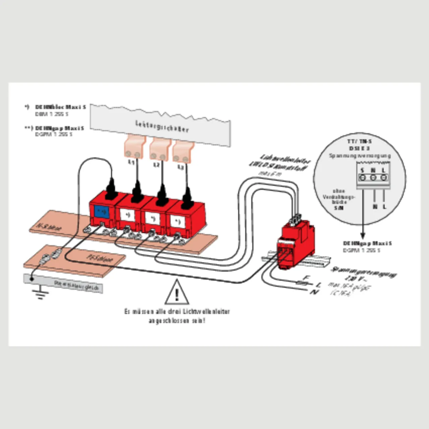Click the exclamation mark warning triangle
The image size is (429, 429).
[x=177, y=293]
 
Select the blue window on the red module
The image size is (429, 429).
[x=101, y=212]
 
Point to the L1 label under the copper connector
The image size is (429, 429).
[x=132, y=163]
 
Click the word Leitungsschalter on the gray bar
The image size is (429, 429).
[x=162, y=126]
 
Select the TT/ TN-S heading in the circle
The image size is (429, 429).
[x=359, y=141]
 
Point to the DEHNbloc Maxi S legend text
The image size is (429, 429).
[x=61, y=107]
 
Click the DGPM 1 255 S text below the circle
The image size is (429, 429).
[x=362, y=250]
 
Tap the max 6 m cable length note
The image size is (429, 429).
[x=270, y=174]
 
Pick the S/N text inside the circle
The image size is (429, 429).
[x=339, y=208]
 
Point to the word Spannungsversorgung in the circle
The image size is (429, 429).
[x=360, y=156]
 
